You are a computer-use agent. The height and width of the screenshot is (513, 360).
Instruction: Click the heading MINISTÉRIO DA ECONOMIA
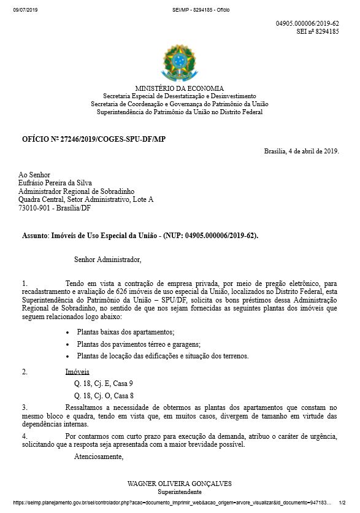click(x=180, y=88)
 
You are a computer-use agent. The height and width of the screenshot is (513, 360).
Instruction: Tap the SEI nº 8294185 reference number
click(x=318, y=31)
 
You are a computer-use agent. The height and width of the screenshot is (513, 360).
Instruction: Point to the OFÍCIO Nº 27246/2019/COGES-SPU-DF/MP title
click(x=94, y=139)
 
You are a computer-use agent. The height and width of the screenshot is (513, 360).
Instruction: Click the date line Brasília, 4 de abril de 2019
click(x=301, y=152)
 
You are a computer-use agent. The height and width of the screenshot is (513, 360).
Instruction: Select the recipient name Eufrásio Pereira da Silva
click(x=58, y=183)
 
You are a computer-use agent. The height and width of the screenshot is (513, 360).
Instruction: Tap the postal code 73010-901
click(x=36, y=208)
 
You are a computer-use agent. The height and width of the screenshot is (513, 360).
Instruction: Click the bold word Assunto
click(x=34, y=235)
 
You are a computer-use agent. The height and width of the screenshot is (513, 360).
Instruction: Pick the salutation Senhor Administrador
click(x=107, y=260)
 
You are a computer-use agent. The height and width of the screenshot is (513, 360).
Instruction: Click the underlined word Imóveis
click(x=77, y=372)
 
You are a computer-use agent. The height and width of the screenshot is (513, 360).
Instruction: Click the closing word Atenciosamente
click(x=99, y=457)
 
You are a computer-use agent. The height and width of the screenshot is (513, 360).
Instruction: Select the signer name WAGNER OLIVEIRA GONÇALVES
click(x=180, y=484)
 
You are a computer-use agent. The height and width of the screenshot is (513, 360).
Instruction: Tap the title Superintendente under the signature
click(x=179, y=492)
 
